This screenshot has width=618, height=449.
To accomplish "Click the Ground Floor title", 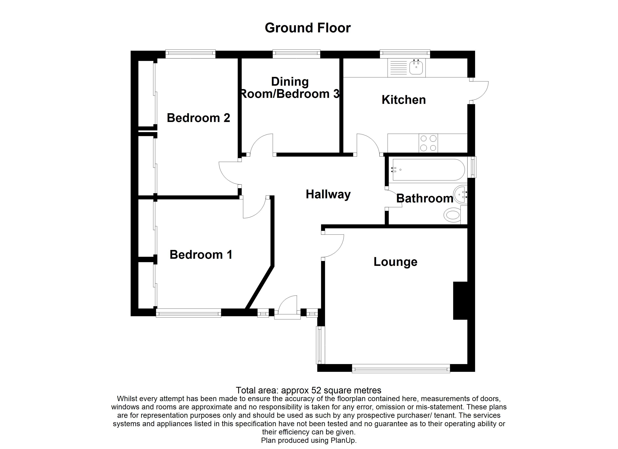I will click(308, 28).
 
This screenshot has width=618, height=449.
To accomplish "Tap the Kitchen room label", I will click(404, 100).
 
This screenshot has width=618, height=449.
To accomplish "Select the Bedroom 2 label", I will click(198, 118).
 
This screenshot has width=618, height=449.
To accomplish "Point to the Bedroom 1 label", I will click(201, 255).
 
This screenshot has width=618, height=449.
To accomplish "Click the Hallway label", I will click(328, 194).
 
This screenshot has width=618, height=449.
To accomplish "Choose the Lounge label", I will click(395, 262).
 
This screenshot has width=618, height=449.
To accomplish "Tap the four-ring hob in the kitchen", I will click(428, 143).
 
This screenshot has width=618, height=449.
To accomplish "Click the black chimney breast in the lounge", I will click(460, 301).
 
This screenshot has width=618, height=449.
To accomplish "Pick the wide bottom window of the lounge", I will click(401, 369).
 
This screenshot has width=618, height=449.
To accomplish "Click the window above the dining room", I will click(296, 54).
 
